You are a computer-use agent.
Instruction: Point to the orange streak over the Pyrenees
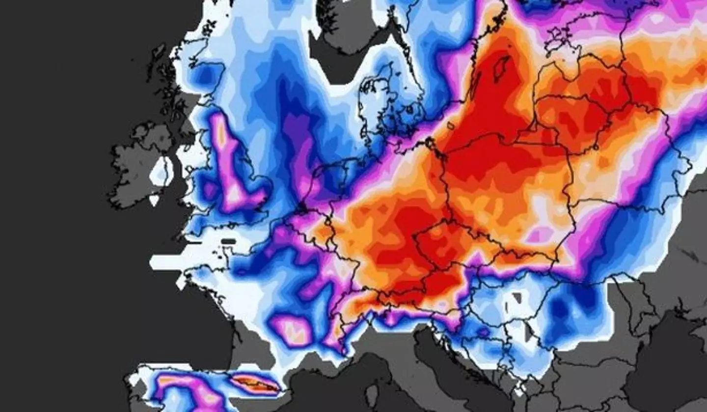[255, 383]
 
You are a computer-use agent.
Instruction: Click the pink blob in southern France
[295, 330]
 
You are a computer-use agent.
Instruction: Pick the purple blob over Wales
[209, 189]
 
